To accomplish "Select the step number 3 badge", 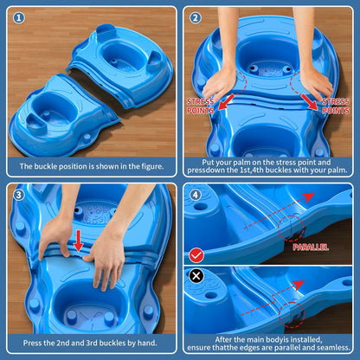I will point(19,194).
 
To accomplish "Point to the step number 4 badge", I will point(196,193).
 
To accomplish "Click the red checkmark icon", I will point(196,254).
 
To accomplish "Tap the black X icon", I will point(196,275).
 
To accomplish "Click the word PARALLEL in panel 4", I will point(311,247).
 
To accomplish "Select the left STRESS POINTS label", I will point(201,106).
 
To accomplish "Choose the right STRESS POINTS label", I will point(335,106).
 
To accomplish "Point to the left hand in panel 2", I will point(220,82).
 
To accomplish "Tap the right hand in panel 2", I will point(314,82).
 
